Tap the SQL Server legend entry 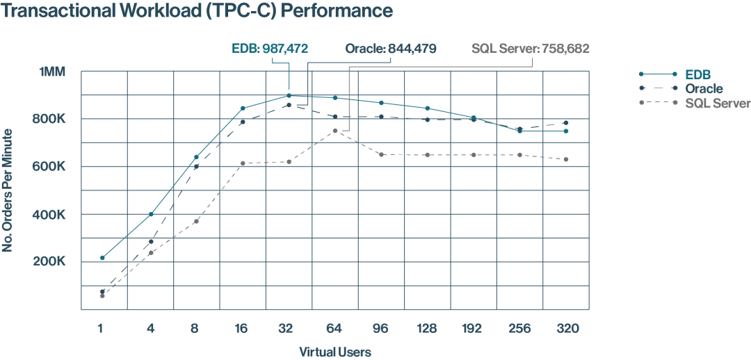coord(717,103)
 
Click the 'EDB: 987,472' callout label coord(270,49)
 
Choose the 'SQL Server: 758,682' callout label coord(530,49)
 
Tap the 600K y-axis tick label coord(51,167)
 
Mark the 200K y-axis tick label coord(51,262)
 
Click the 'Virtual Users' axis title coord(335,352)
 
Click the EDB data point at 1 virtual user coord(102,258)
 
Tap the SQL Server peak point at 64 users coord(335,131)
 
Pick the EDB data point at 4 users coord(150,214)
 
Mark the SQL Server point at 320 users coord(566,159)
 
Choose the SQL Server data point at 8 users coord(196,221)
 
